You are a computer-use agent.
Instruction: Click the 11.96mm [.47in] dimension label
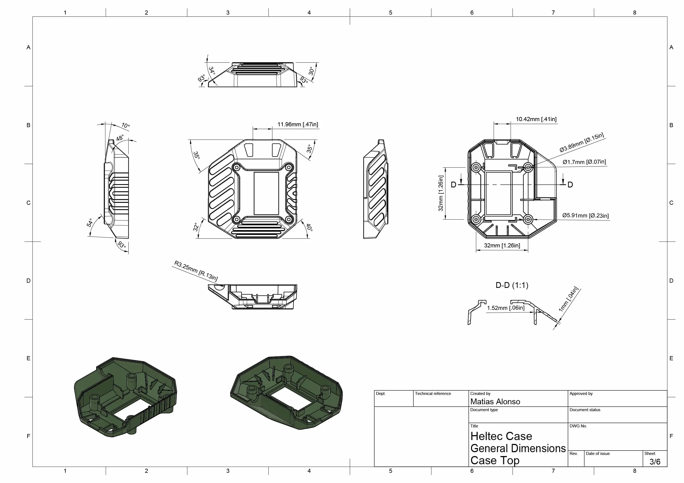(x=298, y=124)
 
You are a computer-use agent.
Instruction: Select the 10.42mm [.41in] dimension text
(x=536, y=119)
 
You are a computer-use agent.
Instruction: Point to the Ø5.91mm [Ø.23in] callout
(x=585, y=215)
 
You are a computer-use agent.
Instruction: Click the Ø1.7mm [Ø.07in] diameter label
(x=584, y=162)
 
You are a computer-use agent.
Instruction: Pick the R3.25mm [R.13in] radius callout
(x=196, y=271)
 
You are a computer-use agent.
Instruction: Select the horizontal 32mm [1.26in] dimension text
(x=502, y=245)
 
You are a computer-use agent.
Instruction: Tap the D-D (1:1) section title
(x=512, y=285)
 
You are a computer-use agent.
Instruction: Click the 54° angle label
(x=90, y=223)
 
